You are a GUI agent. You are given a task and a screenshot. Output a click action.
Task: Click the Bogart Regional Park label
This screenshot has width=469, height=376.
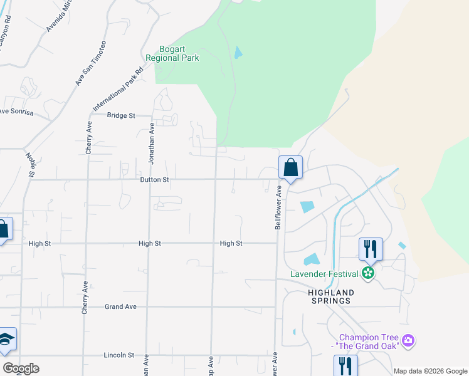click(172, 53)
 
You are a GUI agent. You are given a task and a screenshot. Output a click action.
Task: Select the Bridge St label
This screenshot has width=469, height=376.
click(121, 115)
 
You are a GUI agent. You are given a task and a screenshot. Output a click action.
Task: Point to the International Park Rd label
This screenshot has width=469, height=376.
click(119, 88)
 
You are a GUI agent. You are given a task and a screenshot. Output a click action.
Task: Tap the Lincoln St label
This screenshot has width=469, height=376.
click(119, 355)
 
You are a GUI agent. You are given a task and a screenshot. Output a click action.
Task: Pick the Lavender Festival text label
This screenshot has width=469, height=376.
click(324, 274)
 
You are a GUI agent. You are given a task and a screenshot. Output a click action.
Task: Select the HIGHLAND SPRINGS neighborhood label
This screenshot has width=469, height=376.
click(331, 297)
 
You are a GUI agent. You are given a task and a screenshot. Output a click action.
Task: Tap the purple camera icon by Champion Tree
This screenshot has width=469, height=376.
click(409, 341)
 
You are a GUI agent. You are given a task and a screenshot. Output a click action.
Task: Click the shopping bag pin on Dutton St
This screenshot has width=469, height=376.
click(290, 168)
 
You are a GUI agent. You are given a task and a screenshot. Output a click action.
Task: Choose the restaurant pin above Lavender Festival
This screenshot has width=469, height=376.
click(371, 249)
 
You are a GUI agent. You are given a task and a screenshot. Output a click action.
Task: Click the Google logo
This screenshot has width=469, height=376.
click(20, 368)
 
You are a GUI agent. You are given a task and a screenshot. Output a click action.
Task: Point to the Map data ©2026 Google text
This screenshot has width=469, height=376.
click(429, 371)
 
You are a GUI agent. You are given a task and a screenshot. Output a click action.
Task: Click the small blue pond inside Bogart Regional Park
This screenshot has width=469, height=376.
click(238, 53)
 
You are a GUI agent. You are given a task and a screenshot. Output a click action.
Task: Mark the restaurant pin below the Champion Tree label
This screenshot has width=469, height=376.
click(345, 366)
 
